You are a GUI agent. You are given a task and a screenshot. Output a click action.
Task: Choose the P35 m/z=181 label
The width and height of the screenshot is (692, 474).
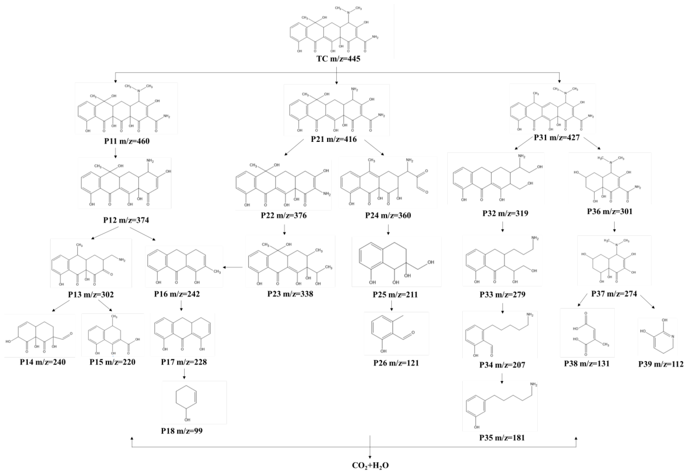coord(502,438)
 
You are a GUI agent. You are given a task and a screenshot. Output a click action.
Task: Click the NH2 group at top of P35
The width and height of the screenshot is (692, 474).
coord(534,385)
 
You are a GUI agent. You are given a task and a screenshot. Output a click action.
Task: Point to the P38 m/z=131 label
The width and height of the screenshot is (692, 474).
coord(587,364)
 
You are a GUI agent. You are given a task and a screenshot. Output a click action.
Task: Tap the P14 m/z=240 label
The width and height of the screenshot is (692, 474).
coord(43,362)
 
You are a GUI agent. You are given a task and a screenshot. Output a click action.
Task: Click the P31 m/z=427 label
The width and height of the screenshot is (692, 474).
coord(557,138)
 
